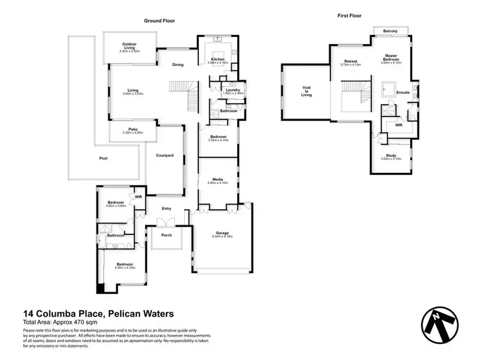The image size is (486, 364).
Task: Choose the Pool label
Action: point(103,158)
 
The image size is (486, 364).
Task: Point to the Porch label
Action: point(167,234)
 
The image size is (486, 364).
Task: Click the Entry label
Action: point(167,208)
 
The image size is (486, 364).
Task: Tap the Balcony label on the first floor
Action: point(390,31)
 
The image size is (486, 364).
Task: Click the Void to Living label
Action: point(307,91)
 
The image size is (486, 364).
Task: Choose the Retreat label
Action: point(351,62)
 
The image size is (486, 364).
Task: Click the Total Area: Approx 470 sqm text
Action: point(60,322)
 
